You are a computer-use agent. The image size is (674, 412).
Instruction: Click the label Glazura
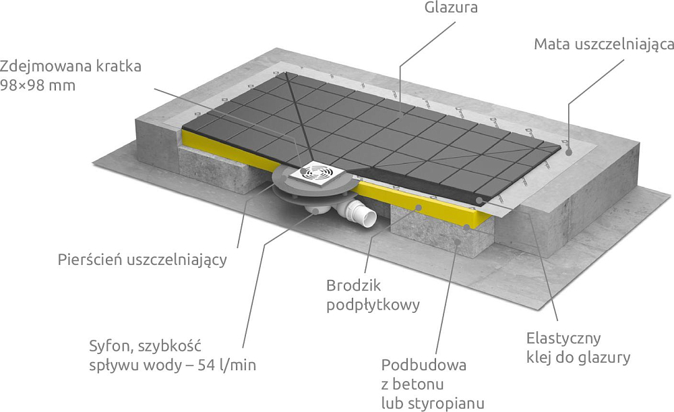click(x=451, y=7)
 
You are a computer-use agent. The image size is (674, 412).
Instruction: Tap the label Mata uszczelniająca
click(x=604, y=45)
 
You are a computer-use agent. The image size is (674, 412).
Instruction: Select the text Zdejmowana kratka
click(x=71, y=67)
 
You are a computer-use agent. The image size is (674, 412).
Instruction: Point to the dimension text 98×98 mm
click(x=38, y=86)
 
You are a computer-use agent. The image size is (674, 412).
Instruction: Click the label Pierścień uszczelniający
click(x=142, y=260)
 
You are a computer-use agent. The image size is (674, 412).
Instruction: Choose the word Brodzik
click(x=354, y=285)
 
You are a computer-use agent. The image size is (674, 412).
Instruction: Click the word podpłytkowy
click(x=373, y=305)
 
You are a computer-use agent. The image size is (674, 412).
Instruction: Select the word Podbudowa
click(x=424, y=365)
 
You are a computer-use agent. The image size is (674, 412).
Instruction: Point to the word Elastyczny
click(x=563, y=339)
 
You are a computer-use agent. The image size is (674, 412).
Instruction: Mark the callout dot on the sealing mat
click(x=568, y=152)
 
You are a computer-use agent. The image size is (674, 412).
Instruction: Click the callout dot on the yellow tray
click(x=419, y=207)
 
